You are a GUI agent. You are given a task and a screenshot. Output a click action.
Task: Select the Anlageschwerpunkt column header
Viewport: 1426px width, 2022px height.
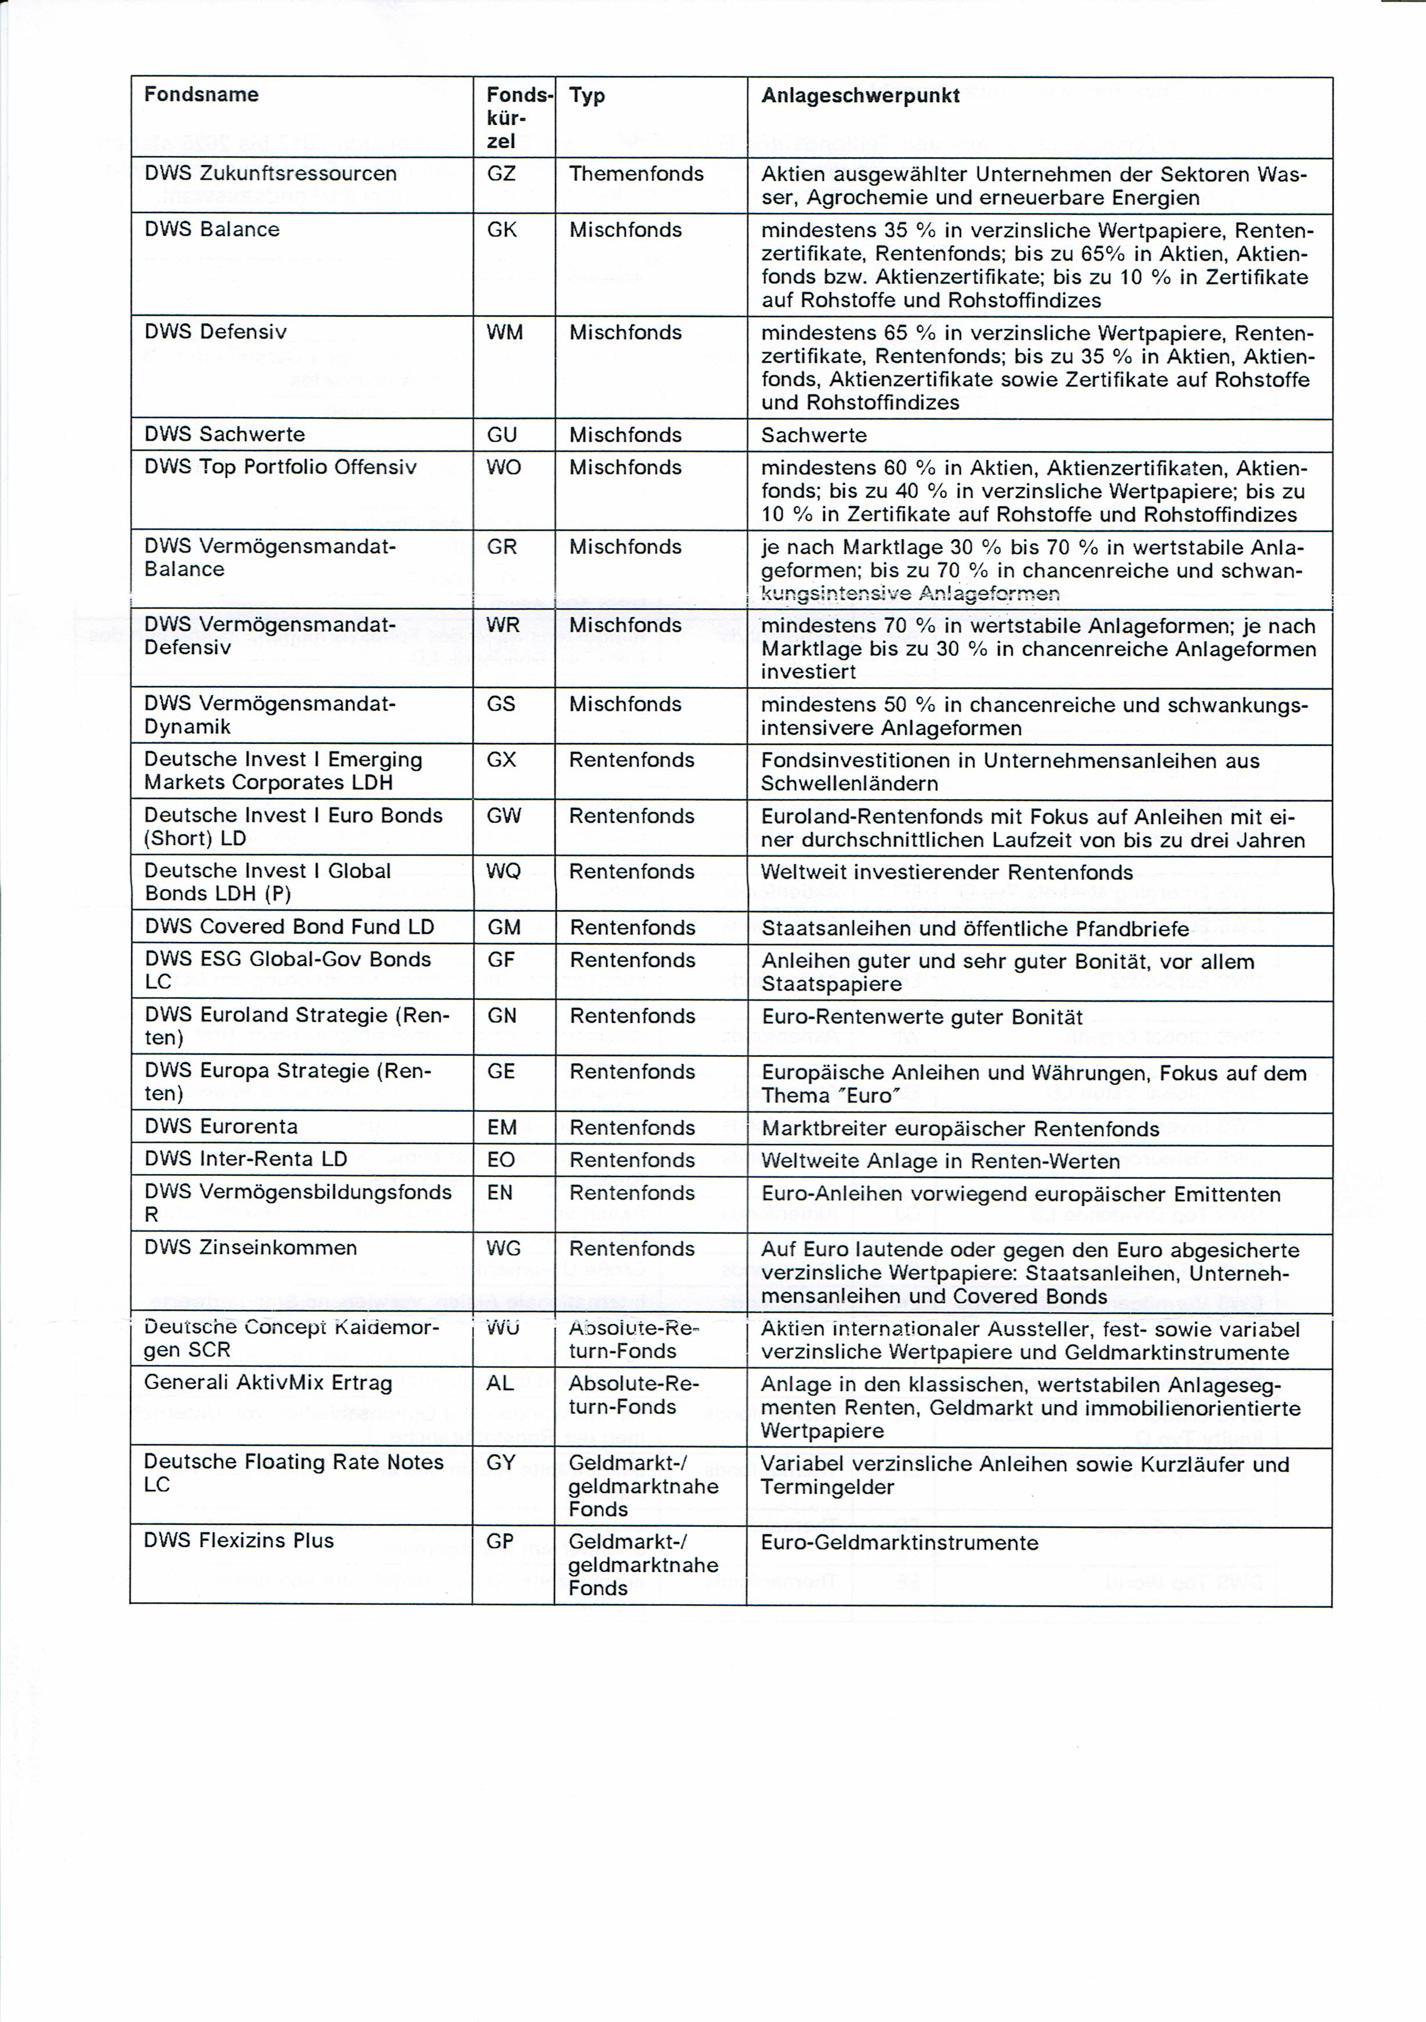[860, 95]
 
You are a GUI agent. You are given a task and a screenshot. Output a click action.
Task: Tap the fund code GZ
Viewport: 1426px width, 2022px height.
[501, 174]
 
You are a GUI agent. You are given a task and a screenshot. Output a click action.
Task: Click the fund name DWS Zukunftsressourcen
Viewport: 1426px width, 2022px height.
[271, 174]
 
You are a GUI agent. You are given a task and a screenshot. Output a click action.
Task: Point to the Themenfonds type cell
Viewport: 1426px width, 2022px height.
[636, 174]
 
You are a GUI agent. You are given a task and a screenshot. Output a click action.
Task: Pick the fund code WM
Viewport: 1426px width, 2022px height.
[505, 332]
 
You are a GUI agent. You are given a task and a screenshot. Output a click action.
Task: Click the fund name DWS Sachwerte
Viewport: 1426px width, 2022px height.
[225, 434]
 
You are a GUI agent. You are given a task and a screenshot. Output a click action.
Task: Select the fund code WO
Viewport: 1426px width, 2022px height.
[504, 467]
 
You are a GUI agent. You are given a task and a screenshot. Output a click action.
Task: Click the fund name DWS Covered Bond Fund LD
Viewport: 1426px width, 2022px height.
[290, 926]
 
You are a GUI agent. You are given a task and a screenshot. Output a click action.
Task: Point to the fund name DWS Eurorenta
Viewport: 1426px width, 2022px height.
[222, 1126]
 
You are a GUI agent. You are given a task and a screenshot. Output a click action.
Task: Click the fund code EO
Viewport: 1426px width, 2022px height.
[501, 1159]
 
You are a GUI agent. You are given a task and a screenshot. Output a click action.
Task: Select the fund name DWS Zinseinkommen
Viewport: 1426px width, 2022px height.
[251, 1247]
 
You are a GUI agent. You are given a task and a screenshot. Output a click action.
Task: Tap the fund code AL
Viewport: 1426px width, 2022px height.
[500, 1382]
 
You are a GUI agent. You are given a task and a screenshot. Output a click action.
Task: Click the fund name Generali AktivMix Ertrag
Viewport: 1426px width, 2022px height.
[268, 1382]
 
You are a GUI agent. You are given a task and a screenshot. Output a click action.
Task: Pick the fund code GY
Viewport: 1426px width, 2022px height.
[500, 1463]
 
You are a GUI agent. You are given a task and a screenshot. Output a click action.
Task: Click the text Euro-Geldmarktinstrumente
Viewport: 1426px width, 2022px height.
[899, 1542]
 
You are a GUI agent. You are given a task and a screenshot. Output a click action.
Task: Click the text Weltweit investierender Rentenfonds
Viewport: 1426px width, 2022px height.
[947, 872]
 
